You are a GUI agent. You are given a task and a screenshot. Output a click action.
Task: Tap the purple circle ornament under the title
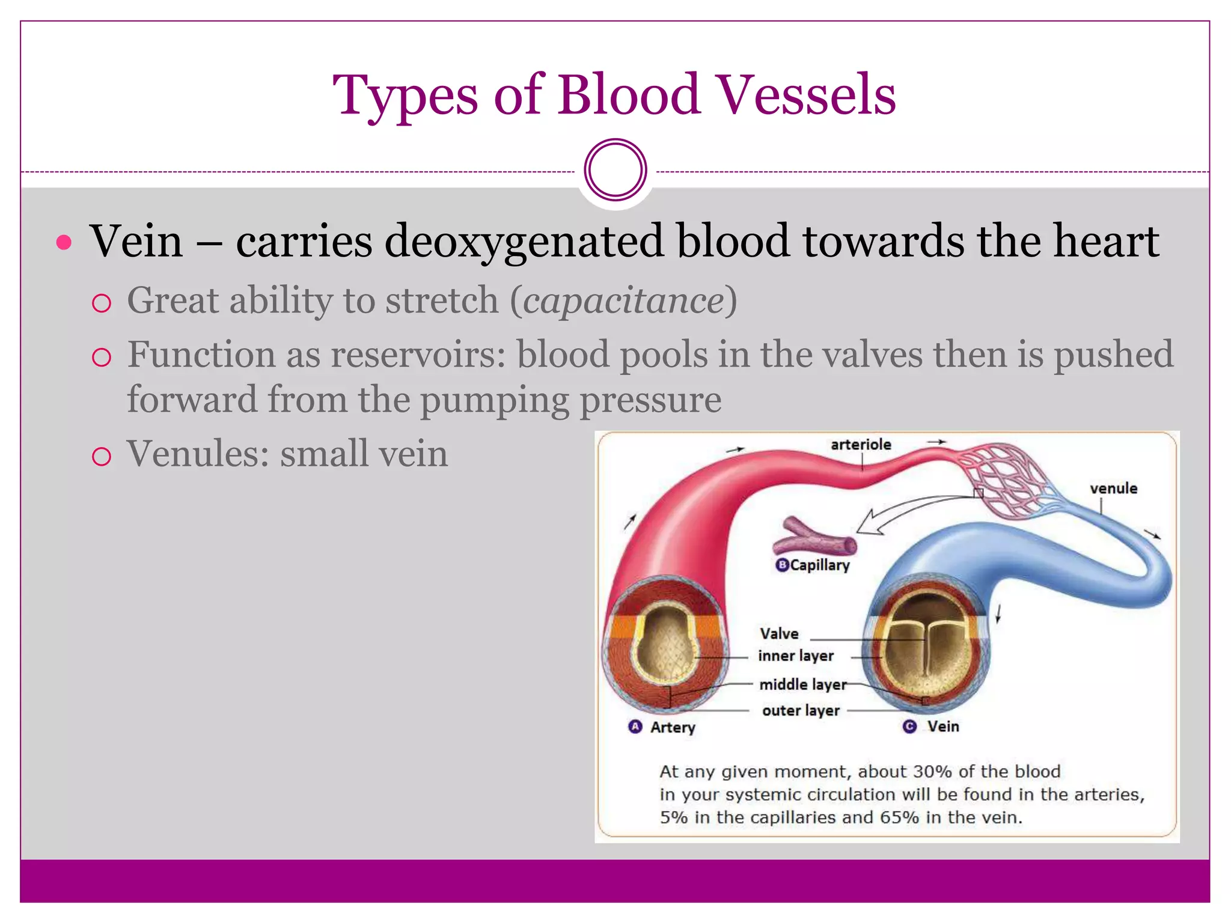tap(615, 170)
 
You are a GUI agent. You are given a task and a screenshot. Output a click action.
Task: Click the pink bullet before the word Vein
tap(64, 243)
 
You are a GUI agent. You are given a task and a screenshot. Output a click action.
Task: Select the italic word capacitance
tap(623, 300)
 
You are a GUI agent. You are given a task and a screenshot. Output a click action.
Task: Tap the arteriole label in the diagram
tap(861, 445)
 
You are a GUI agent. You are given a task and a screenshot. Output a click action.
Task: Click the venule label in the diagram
tap(1113, 489)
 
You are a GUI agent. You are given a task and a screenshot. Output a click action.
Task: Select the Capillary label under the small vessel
tap(819, 565)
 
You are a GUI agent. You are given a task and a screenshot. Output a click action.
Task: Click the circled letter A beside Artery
tap(635, 727)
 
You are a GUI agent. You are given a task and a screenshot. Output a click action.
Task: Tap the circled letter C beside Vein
tap(909, 727)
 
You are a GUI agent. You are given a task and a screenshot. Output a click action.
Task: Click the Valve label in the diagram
tap(779, 634)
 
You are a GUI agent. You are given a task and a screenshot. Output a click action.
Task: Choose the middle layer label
tap(802, 684)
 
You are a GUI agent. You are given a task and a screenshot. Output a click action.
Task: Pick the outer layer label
tap(801, 711)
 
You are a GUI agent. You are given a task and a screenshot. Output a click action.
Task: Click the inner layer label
tap(796, 656)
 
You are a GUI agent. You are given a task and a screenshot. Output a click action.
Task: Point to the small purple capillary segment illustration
tap(815, 539)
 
